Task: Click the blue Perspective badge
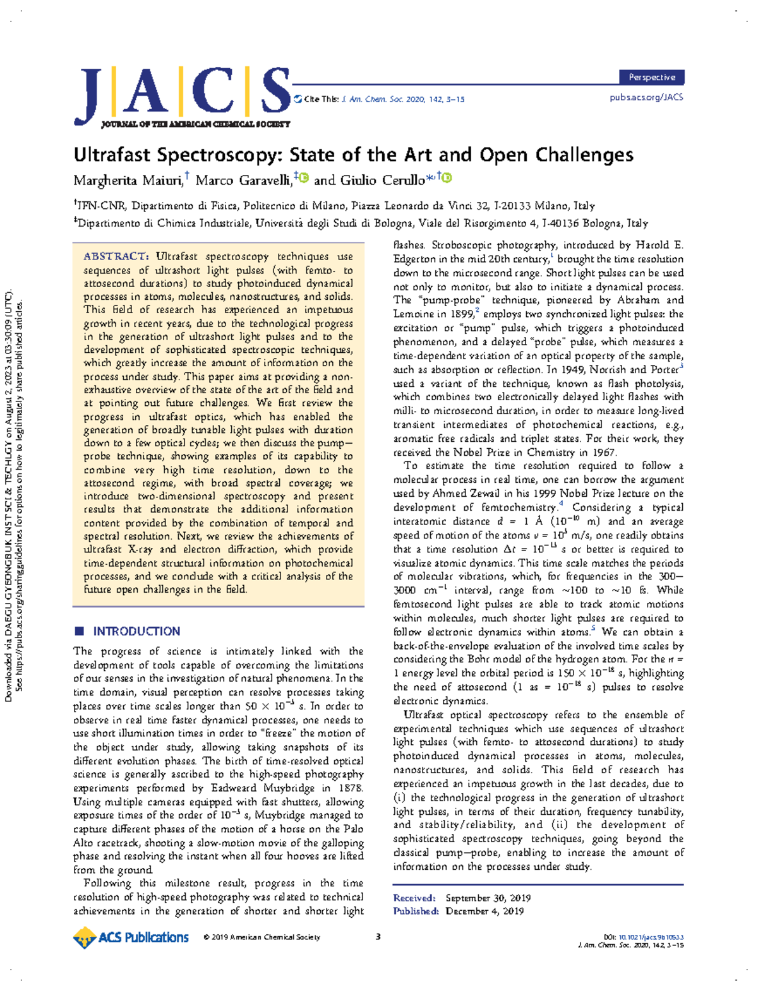pyautogui.click(x=651, y=77)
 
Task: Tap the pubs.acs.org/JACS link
pyautogui.click(x=646, y=97)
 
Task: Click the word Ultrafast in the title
pyautogui.click(x=112, y=155)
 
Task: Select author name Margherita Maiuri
pyautogui.click(x=128, y=181)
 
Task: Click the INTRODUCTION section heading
pyautogui.click(x=136, y=631)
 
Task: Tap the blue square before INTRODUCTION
pyautogui.click(x=79, y=631)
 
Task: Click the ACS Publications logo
pyautogui.click(x=131, y=937)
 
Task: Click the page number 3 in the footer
pyautogui.click(x=378, y=937)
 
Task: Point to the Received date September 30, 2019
pyautogui.click(x=488, y=898)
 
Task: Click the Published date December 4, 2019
pyautogui.click(x=484, y=911)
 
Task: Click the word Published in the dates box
pyautogui.click(x=415, y=911)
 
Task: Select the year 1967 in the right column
pyautogui.click(x=604, y=452)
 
